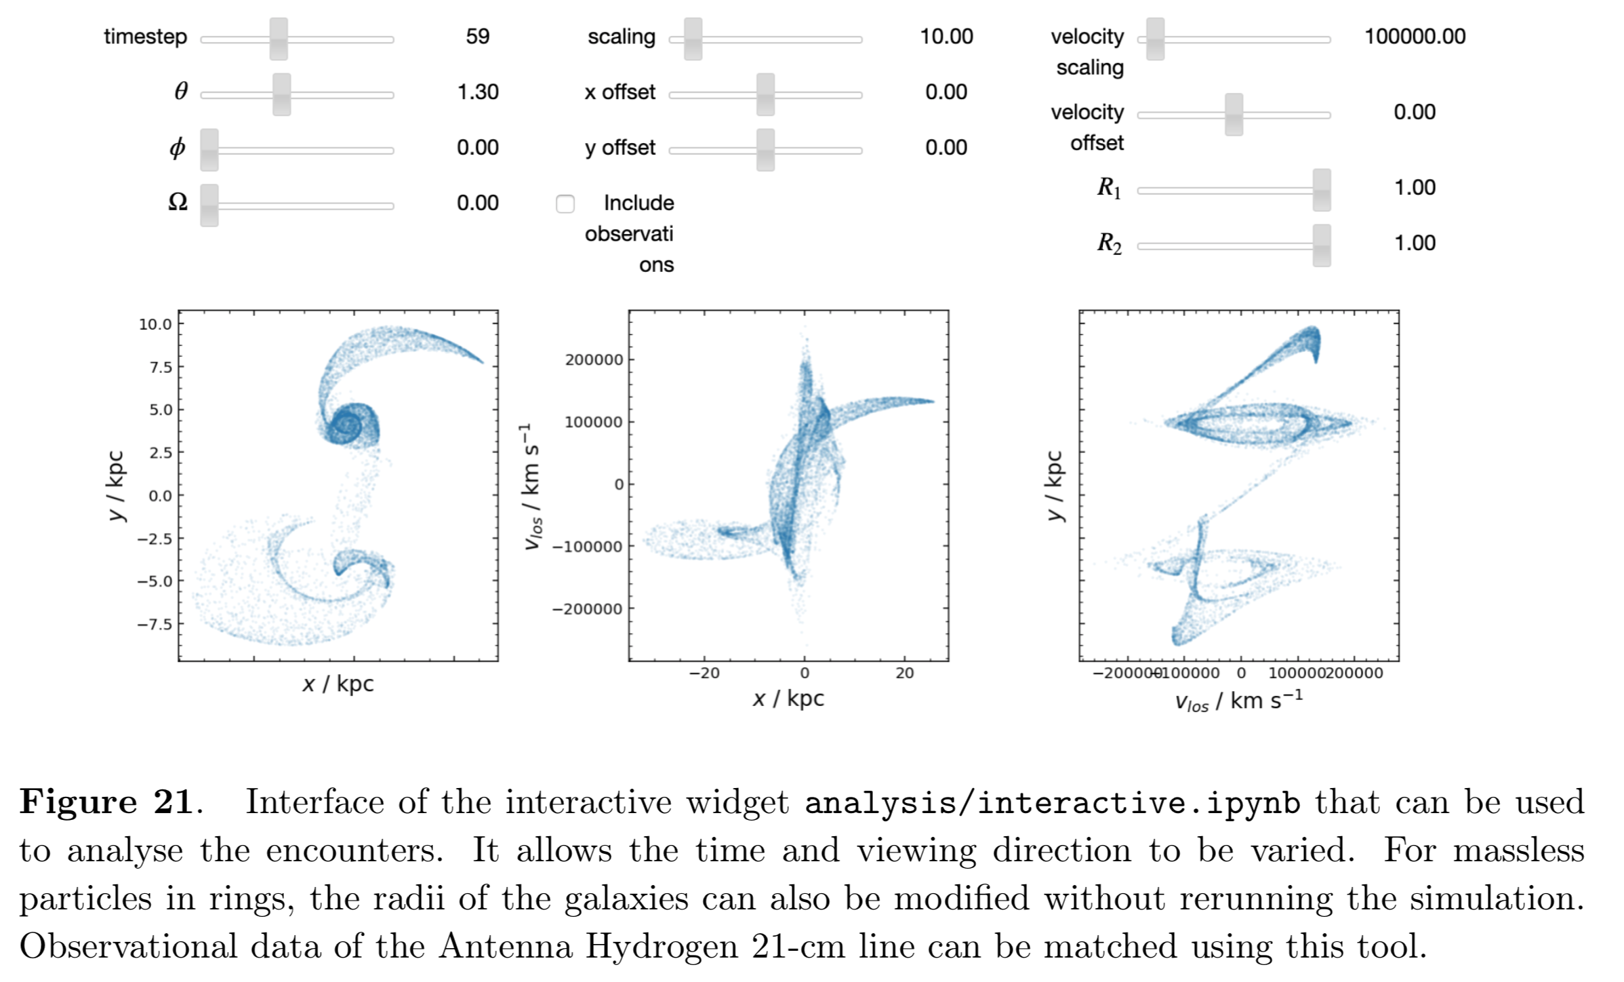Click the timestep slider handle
point(279,39)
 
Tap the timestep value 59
point(477,37)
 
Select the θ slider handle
point(281,95)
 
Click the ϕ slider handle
point(209,150)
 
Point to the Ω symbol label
point(178,202)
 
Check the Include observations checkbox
point(565,204)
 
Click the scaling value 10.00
point(946,37)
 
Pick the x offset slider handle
point(765,95)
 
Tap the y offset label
point(620,148)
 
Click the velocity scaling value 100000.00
point(1415,37)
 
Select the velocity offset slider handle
point(1234,115)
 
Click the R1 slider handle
point(1321,191)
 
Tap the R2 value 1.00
point(1415,243)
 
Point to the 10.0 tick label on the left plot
point(155,324)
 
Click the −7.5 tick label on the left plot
point(155,624)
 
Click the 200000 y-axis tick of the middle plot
point(594,360)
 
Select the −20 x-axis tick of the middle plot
point(704,673)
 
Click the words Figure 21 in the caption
point(106,802)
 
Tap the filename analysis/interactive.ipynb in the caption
point(1052,803)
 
